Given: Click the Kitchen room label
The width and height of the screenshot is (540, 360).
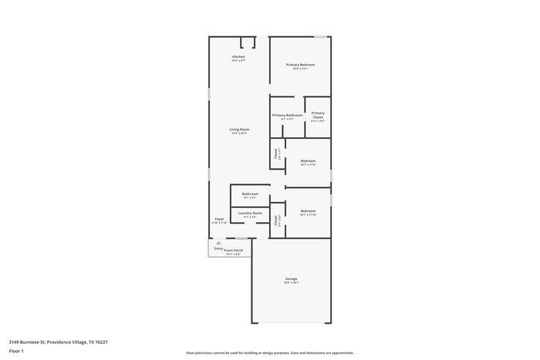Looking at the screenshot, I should [x=238, y=57].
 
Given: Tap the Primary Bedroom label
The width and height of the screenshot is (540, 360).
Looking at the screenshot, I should [x=300, y=65].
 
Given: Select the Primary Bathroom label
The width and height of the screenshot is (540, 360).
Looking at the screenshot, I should [x=287, y=115].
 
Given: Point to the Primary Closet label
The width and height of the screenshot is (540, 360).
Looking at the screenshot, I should [x=318, y=115].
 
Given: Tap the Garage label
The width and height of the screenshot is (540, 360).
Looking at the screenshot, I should [x=291, y=279].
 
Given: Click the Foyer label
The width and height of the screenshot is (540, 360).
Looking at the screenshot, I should [x=219, y=220].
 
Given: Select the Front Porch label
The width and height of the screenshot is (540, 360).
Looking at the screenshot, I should [x=233, y=251].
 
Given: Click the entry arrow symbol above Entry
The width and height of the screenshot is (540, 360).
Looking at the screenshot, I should [x=218, y=243].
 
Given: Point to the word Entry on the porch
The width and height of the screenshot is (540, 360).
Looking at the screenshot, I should [x=218, y=248].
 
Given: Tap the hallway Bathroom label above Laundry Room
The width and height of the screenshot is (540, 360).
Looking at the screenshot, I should [x=250, y=194].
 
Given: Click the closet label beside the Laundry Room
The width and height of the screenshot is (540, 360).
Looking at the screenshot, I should [x=277, y=220].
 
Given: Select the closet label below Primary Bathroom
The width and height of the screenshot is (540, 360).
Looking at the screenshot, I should [x=277, y=153].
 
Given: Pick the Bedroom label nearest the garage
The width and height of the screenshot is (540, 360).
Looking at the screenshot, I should [x=308, y=211].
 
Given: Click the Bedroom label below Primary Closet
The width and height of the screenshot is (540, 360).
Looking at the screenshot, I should [x=308, y=161].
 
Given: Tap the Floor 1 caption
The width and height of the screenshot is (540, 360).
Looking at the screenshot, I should [x=16, y=352].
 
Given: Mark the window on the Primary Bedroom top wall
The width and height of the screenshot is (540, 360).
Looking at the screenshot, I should [x=319, y=36].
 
